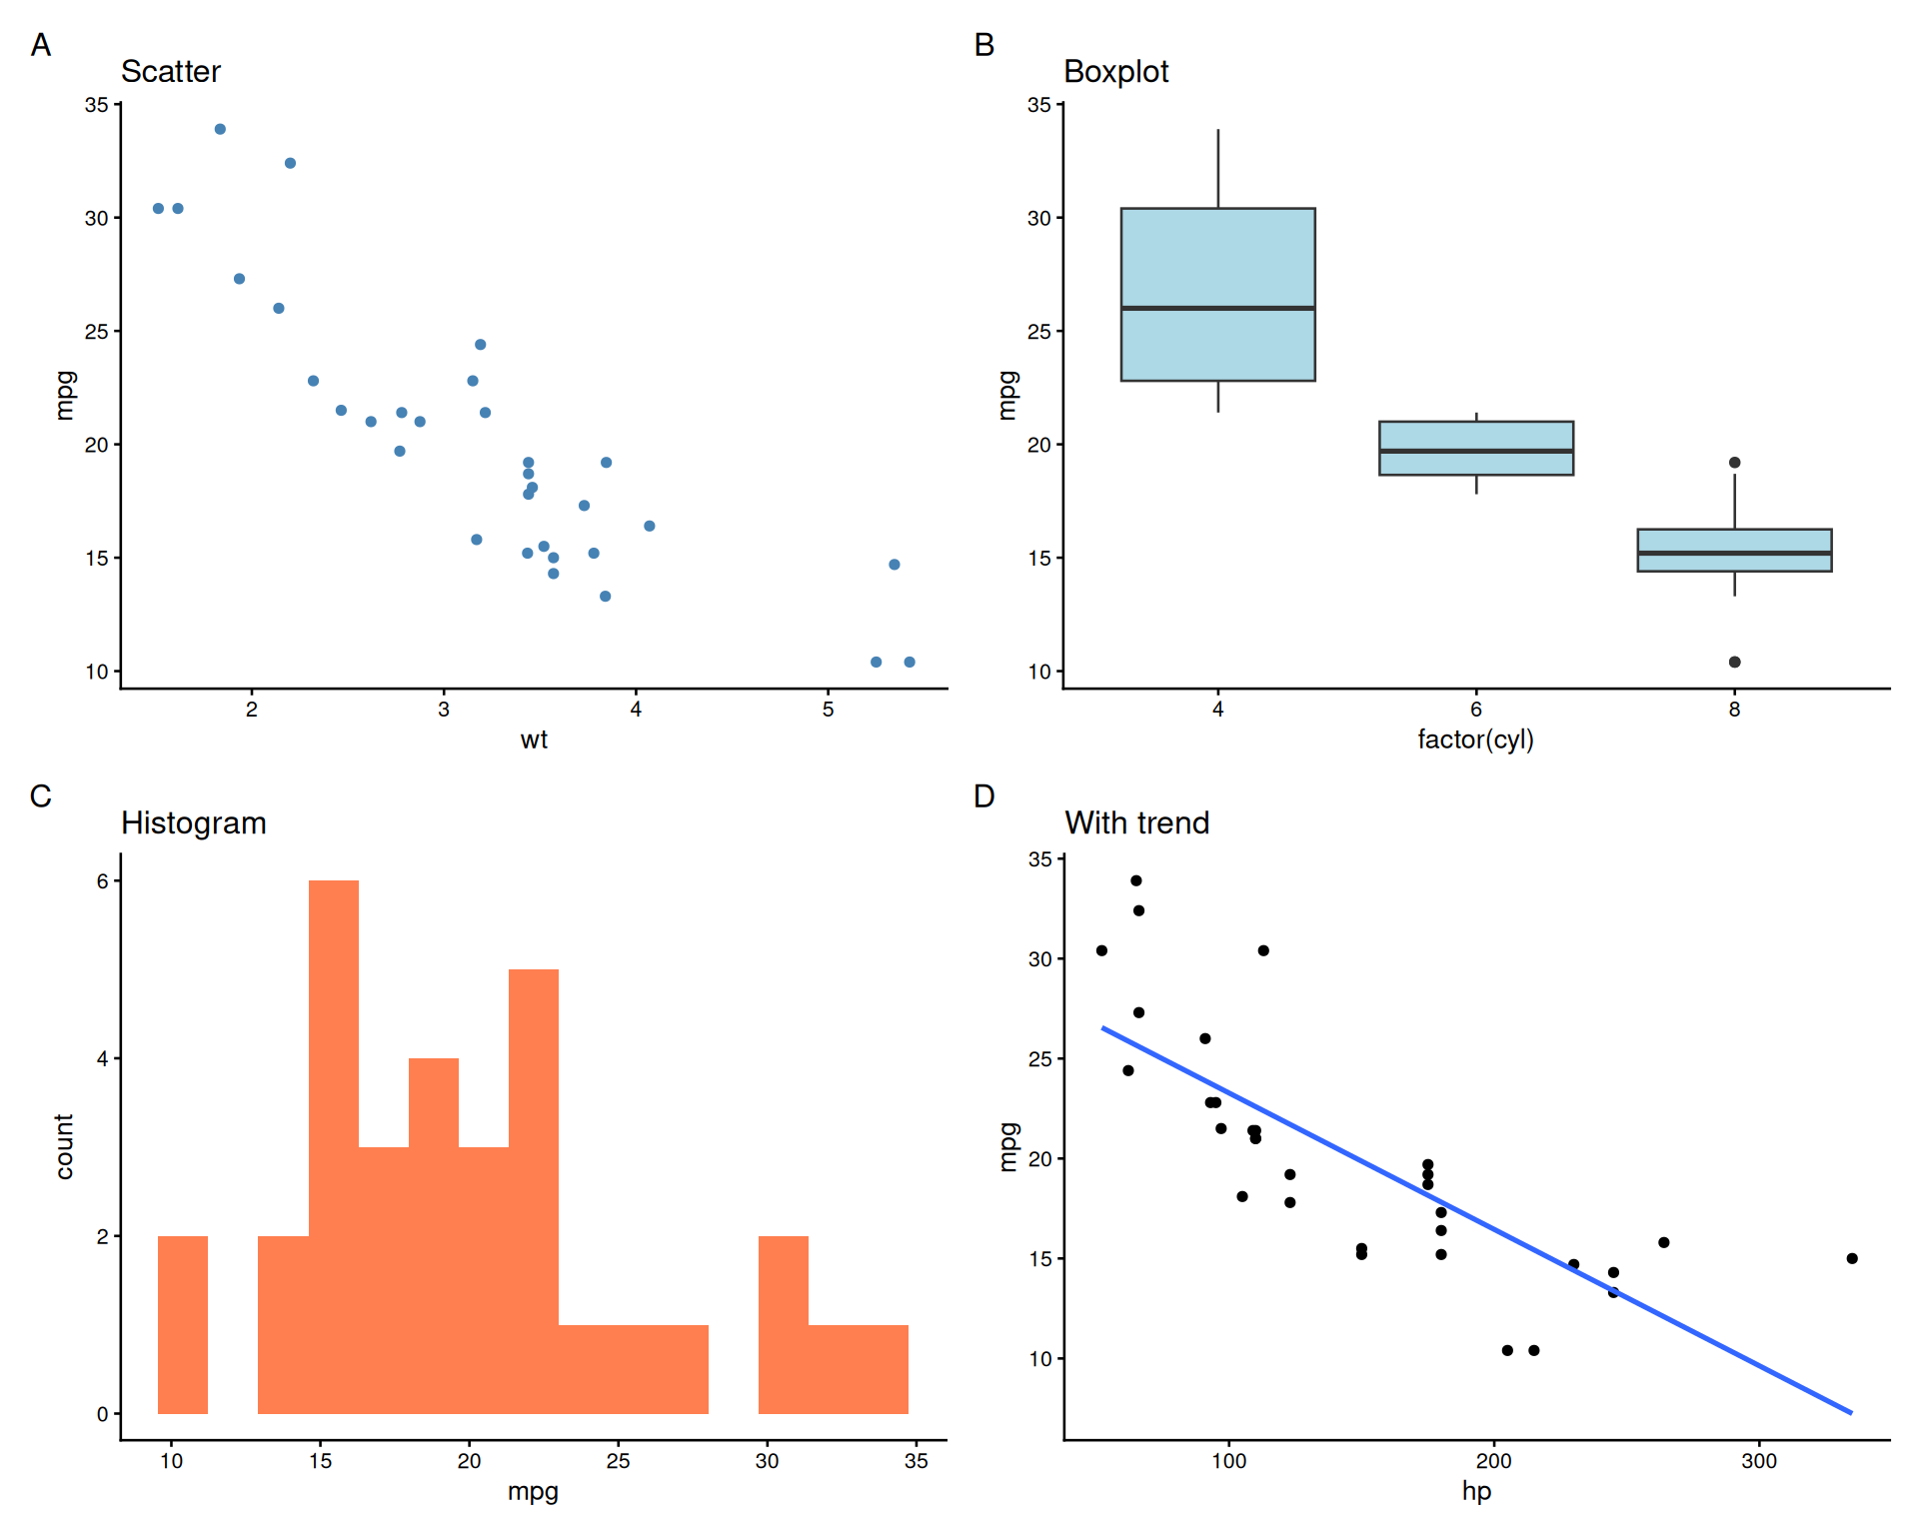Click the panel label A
click(40, 45)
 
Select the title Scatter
click(170, 72)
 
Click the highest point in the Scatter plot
click(220, 129)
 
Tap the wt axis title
click(534, 740)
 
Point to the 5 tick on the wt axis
click(828, 710)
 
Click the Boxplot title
click(1115, 72)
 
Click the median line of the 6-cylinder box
click(1476, 451)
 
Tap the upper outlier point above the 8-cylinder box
click(1734, 463)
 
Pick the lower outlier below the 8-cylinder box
click(1734, 662)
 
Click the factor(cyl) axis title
click(1475, 740)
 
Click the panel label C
click(40, 796)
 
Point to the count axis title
click(65, 1146)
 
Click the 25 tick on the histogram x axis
click(618, 1461)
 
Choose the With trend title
click(1137, 823)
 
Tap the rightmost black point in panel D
click(1852, 1258)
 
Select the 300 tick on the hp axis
click(1759, 1461)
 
